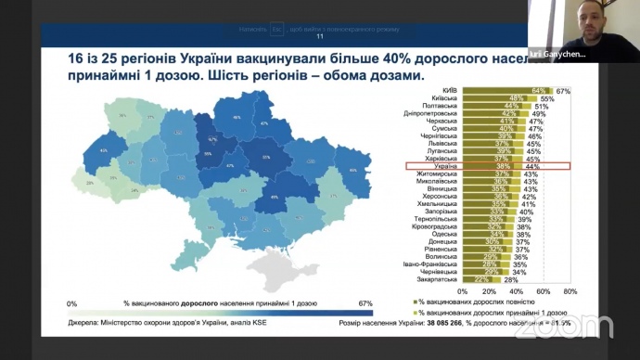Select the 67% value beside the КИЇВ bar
point(563,90)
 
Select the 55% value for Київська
point(547,98)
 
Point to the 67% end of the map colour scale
point(364,302)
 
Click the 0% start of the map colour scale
point(72,302)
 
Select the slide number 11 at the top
point(321,37)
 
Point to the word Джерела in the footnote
point(84,324)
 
